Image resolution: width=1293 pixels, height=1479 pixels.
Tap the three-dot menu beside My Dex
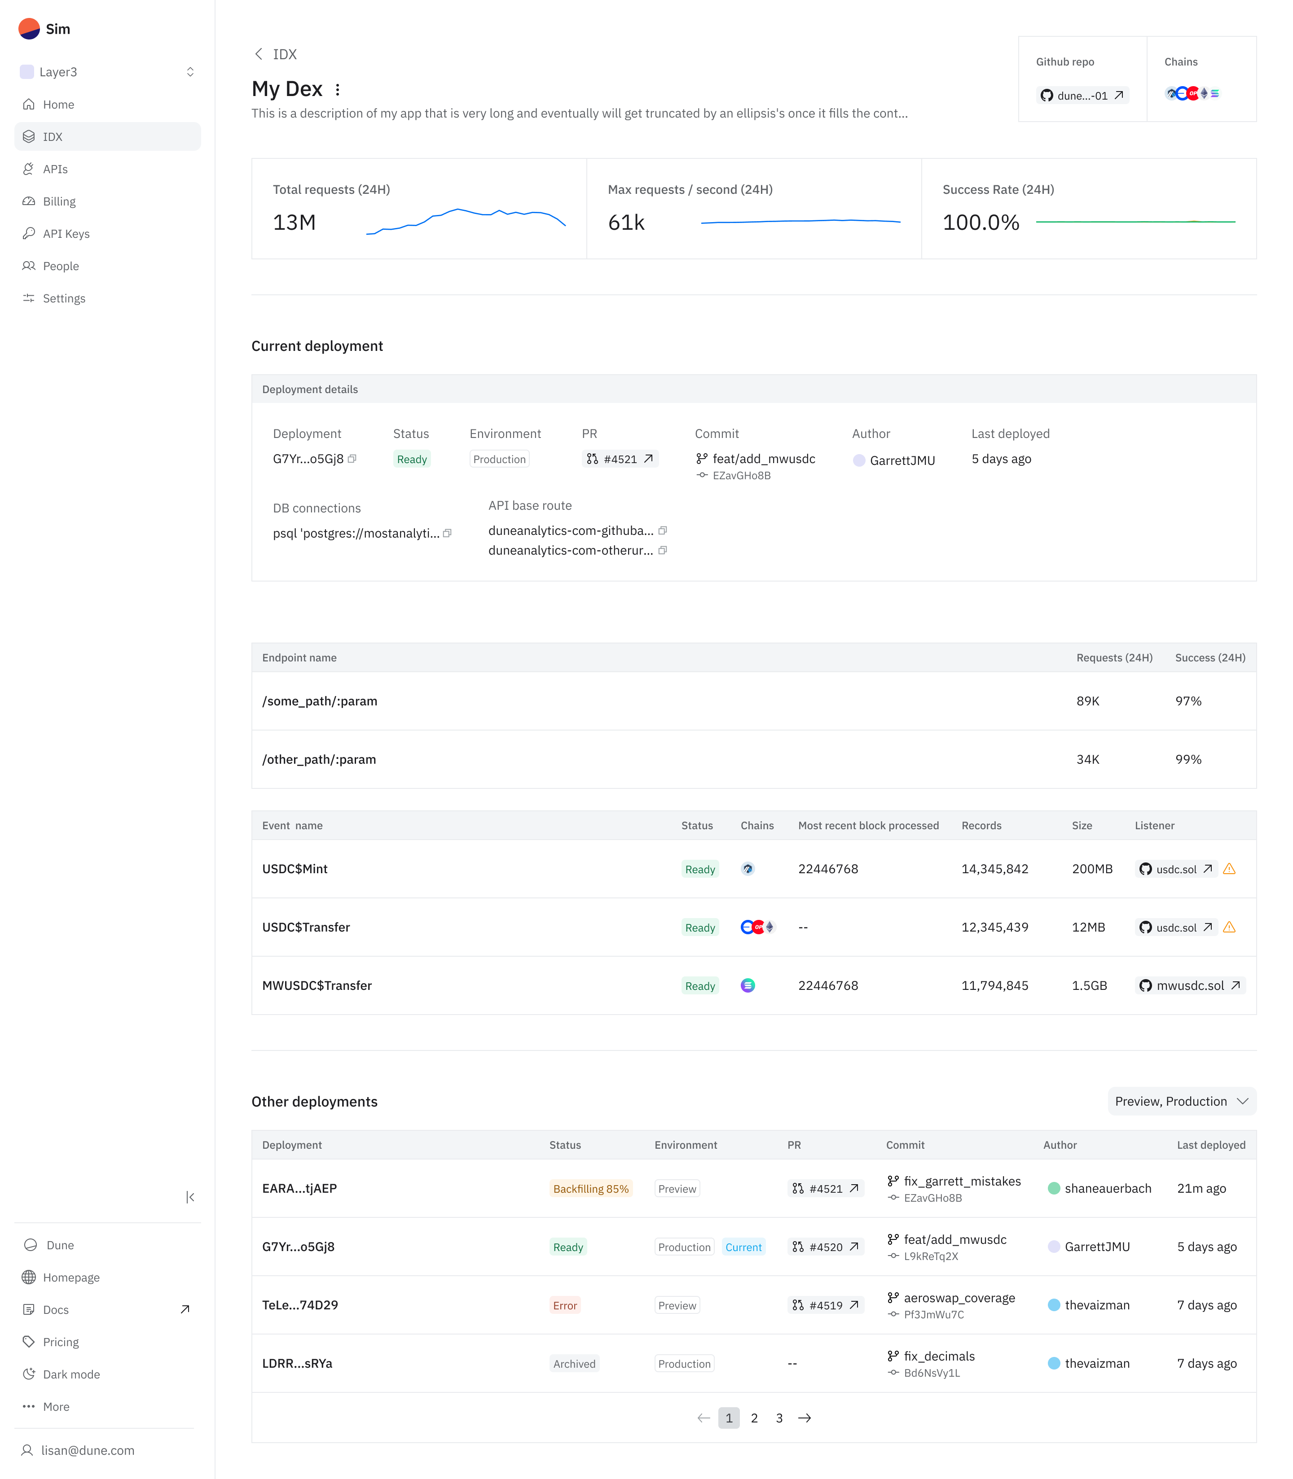coord(338,89)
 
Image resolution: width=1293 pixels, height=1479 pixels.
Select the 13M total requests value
coord(295,222)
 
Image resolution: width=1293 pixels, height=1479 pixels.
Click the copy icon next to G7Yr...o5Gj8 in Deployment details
coord(352,459)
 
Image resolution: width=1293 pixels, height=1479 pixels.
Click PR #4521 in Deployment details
coord(620,459)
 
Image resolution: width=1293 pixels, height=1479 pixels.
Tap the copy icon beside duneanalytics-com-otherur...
coord(662,550)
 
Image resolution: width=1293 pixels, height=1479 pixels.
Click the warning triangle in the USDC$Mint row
coord(1230,869)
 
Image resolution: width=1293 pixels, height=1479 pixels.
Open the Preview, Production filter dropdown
coord(1181,1101)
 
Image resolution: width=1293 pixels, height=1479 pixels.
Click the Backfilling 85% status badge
coord(590,1188)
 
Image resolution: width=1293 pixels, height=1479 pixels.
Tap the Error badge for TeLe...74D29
coord(565,1305)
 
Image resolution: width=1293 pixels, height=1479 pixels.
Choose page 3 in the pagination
coord(779,1418)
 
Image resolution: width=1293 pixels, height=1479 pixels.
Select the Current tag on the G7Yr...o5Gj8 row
coord(743,1247)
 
